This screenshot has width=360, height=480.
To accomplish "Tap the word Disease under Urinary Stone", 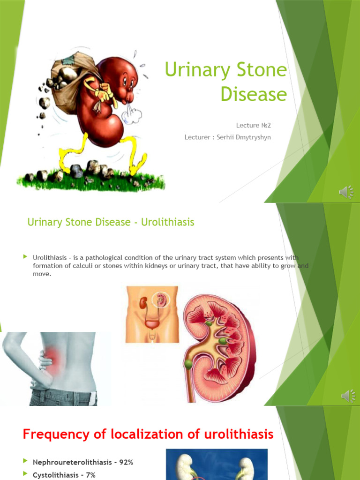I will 254,94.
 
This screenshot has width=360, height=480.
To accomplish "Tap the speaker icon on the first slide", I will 346,192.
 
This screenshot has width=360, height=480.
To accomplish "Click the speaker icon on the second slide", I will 347,396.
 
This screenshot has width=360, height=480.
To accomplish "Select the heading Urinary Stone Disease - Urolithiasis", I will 111,222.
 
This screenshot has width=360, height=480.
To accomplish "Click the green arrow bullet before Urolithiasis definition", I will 25,256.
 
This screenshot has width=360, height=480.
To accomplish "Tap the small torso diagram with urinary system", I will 152,314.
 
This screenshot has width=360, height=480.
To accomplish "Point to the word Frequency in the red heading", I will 55,434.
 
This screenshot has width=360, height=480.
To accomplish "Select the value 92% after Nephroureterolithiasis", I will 126,462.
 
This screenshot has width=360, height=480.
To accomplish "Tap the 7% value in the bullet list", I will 90,475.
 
